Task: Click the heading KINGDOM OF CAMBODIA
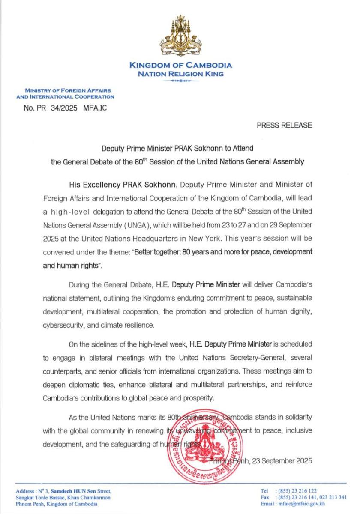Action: (x=180, y=66)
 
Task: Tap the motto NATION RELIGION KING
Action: (x=180, y=74)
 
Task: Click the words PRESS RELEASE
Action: (x=285, y=126)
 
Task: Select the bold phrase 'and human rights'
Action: (x=71, y=266)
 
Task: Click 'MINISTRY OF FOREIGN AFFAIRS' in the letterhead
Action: (x=68, y=91)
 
